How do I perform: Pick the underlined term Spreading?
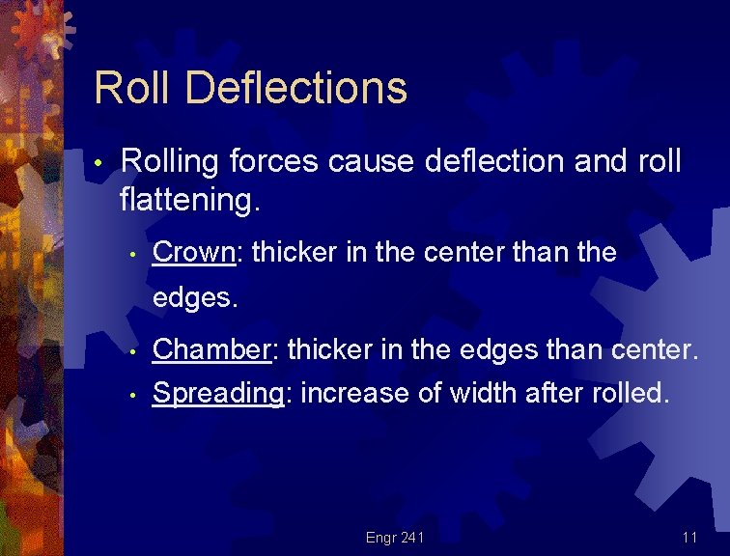click(218, 393)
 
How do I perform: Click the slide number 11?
click(689, 537)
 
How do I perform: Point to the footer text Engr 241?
click(395, 537)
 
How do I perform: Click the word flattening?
click(190, 201)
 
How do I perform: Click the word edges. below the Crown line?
click(194, 298)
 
